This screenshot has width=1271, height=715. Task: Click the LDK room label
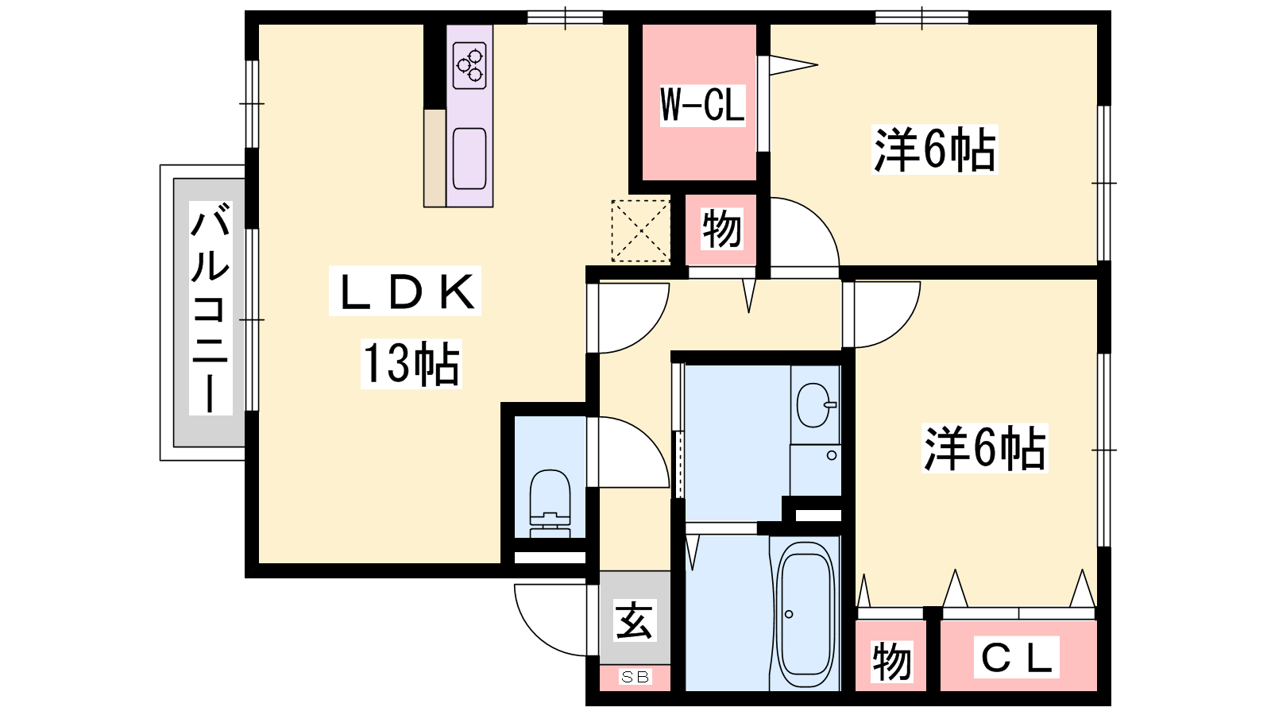coord(405,292)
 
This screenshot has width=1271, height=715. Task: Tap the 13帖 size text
coord(411,364)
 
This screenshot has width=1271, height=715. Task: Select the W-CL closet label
coord(702,105)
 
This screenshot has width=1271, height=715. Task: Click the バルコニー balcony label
coord(211,308)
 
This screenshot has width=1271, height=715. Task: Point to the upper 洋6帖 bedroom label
coord(934,150)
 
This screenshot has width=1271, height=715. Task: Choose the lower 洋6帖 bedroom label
coord(984,448)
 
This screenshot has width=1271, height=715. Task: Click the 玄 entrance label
coord(635,620)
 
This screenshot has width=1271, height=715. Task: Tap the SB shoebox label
coord(635,676)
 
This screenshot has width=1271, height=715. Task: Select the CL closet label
coord(1016,657)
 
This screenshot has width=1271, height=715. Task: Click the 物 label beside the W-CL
coord(721,230)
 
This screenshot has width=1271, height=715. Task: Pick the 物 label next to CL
coord(892,662)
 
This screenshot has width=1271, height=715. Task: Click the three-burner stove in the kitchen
coord(469,65)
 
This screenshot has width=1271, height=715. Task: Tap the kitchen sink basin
coord(469,158)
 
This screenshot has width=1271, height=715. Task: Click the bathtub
coord(805,615)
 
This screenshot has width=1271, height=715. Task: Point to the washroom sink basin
coord(816,405)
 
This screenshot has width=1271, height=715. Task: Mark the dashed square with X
coord(640,231)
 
